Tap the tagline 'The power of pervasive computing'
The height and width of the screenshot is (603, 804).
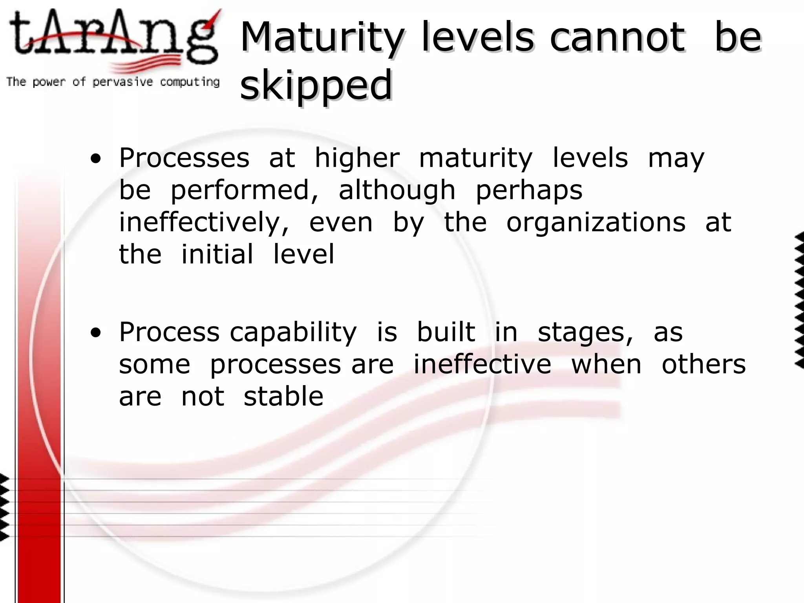tap(113, 82)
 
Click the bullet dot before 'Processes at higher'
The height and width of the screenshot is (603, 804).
tap(95, 159)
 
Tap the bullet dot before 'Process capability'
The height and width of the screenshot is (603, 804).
tap(95, 333)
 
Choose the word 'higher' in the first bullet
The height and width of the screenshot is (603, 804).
tap(357, 159)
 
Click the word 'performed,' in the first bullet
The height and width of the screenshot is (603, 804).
tap(244, 191)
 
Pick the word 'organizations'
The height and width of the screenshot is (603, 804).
tap(596, 223)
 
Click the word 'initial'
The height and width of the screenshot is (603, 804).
tap(217, 254)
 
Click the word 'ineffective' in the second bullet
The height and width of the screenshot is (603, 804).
tap(482, 364)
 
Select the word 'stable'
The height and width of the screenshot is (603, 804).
tap(283, 397)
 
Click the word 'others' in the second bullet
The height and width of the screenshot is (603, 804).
tap(703, 364)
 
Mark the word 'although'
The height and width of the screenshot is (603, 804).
tap(397, 191)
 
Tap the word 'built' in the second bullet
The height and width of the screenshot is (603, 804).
tap(446, 332)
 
